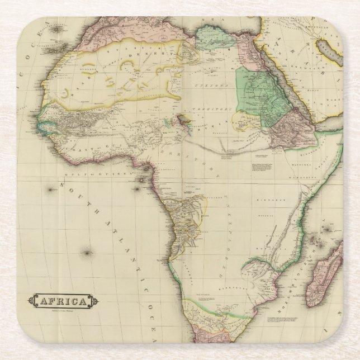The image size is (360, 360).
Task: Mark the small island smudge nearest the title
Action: [x=87, y=253]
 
